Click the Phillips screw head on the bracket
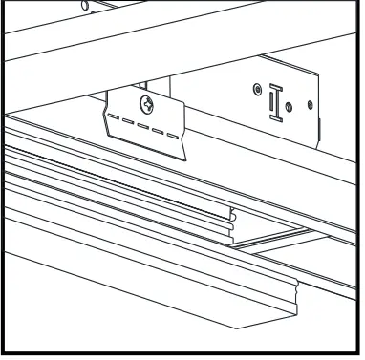(147, 102)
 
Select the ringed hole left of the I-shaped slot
(256, 91)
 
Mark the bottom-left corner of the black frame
(3, 356)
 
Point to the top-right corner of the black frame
(360, 3)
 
